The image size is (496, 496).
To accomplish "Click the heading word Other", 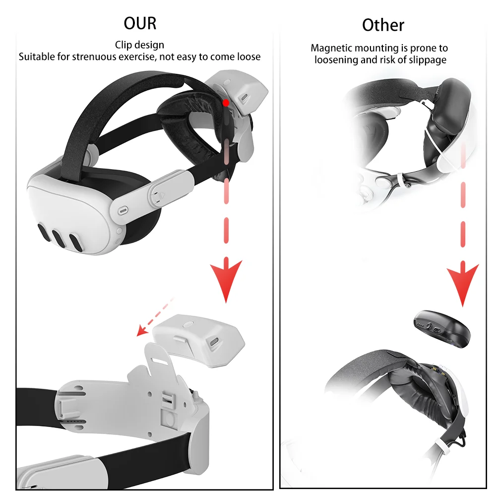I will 383,25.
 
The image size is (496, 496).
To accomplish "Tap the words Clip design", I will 139,45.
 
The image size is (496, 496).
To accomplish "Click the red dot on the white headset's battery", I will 226,103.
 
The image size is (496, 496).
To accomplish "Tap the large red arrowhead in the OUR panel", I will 226,280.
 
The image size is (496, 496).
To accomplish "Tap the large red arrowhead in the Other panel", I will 462,285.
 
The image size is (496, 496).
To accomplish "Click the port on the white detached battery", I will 215,342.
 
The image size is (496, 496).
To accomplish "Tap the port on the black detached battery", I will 437,330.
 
